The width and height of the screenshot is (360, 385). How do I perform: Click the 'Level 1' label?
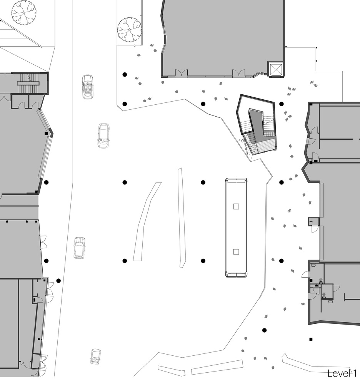click(343, 373)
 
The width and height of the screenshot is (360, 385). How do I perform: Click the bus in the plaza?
click(236, 228)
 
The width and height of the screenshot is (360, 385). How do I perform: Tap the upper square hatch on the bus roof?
click(236, 206)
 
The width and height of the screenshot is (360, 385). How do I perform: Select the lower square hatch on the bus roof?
click(236, 252)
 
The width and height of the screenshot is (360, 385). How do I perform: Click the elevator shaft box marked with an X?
click(276, 69)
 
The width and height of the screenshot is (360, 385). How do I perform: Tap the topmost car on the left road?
click(88, 87)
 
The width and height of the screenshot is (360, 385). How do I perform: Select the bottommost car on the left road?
click(95, 357)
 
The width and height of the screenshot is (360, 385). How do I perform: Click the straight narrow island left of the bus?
click(182, 218)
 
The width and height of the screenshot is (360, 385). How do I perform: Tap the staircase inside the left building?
click(29, 83)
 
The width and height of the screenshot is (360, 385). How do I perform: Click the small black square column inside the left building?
click(47, 133)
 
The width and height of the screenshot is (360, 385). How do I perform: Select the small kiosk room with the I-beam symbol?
click(313, 222)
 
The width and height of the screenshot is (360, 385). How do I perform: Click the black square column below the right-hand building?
click(311, 340)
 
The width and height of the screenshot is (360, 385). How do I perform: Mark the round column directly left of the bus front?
click(203, 182)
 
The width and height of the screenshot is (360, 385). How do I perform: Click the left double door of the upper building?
click(181, 73)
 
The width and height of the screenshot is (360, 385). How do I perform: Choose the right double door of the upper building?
click(238, 73)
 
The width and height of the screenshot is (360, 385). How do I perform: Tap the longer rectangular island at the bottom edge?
click(217, 367)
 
